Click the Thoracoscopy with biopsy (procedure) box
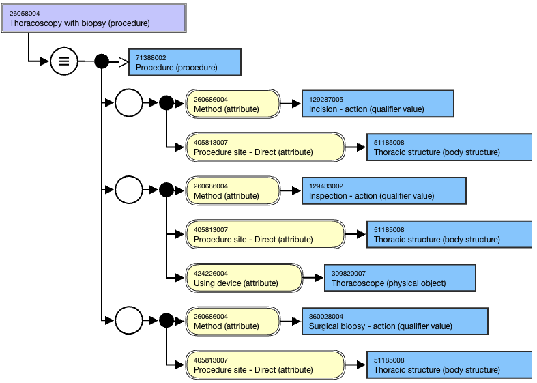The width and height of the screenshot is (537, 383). point(94,18)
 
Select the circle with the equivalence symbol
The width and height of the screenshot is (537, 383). point(64,61)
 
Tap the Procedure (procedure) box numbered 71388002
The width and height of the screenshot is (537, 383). point(185,62)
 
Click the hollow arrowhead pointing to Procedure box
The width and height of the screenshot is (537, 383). point(124,62)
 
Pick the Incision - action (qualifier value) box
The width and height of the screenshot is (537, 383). point(378,104)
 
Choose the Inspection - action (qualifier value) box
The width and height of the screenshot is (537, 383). point(384,190)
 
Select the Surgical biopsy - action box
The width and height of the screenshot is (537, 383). point(395,321)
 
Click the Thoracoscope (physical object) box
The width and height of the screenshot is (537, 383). point(400,278)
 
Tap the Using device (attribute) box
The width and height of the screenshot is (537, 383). point(244,278)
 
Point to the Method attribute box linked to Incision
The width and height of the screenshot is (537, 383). point(233,104)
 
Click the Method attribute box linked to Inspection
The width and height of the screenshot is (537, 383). point(233,190)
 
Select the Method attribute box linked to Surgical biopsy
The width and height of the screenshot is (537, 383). point(233,321)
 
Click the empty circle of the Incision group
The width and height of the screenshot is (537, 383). point(129,103)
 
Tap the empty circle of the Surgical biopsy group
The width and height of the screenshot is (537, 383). point(129,320)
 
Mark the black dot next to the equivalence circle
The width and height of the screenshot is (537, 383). point(102,61)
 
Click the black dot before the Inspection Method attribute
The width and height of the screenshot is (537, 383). point(166,189)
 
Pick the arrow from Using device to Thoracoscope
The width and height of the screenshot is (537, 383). point(313,277)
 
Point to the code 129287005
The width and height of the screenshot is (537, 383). point(326,100)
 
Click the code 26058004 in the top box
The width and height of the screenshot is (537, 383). point(25,14)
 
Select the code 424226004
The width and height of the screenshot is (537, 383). point(211,273)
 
